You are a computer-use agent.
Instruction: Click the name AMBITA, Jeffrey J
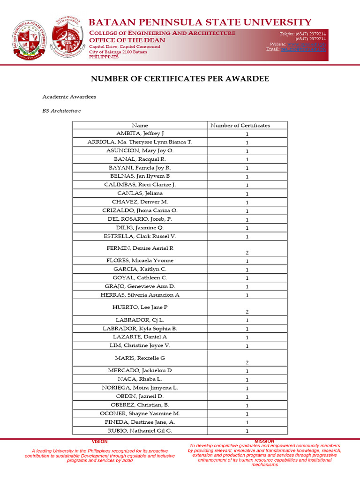(x=140, y=134)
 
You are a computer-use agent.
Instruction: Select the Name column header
(x=140, y=125)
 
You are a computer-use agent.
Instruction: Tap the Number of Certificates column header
(x=240, y=125)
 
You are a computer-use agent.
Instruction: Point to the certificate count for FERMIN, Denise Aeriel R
(x=247, y=253)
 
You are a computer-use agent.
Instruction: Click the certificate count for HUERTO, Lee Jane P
(x=247, y=312)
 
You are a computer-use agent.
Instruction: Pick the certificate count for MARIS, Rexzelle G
(x=247, y=362)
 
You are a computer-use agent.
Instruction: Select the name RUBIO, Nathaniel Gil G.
(x=140, y=430)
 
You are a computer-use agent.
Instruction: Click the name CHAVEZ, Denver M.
(x=140, y=202)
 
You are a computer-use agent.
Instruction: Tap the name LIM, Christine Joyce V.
(x=140, y=345)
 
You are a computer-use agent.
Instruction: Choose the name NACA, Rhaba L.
(x=140, y=379)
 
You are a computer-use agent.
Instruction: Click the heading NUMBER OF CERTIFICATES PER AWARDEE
(x=180, y=79)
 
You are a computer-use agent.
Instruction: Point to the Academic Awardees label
(x=69, y=97)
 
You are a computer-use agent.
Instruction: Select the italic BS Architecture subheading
(x=61, y=111)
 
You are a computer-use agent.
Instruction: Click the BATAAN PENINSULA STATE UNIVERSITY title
(x=200, y=22)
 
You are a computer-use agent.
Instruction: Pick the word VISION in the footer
(x=99, y=442)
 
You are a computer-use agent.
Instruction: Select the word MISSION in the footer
(x=264, y=442)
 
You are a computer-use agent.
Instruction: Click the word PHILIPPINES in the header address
(x=104, y=57)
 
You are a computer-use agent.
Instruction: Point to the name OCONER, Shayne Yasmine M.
(x=140, y=413)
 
